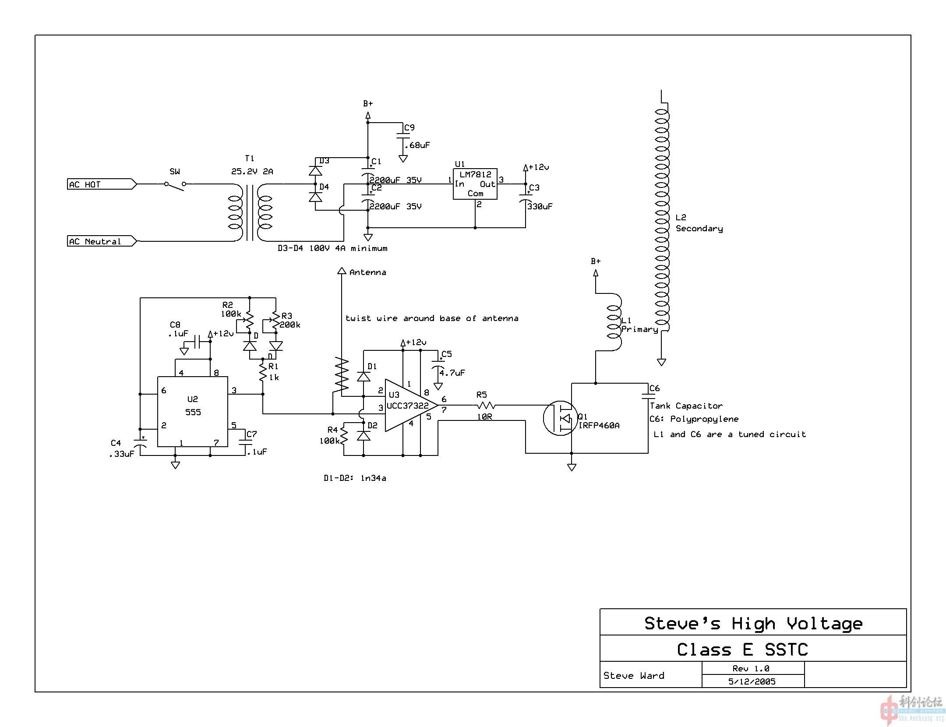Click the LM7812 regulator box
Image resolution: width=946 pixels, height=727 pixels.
point(475,184)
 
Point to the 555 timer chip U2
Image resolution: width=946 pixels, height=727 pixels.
point(193,412)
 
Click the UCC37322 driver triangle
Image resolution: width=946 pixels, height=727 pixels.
point(407,406)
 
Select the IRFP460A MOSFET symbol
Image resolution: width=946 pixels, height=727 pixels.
point(561,418)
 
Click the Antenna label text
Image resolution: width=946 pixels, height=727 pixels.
point(367,272)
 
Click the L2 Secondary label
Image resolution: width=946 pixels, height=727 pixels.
point(699,223)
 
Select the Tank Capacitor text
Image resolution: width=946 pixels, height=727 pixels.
point(686,406)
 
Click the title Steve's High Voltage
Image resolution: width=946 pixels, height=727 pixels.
point(753,623)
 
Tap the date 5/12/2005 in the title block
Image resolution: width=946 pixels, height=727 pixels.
point(752,681)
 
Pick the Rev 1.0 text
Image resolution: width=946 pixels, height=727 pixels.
point(751,668)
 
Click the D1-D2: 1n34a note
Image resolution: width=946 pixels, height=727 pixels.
point(355,478)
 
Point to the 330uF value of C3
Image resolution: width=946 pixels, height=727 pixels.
point(540,206)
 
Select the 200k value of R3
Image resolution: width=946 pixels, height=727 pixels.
point(290,325)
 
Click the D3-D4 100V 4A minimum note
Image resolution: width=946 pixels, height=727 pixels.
point(332,248)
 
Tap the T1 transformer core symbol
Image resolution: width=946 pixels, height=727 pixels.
point(250,212)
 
